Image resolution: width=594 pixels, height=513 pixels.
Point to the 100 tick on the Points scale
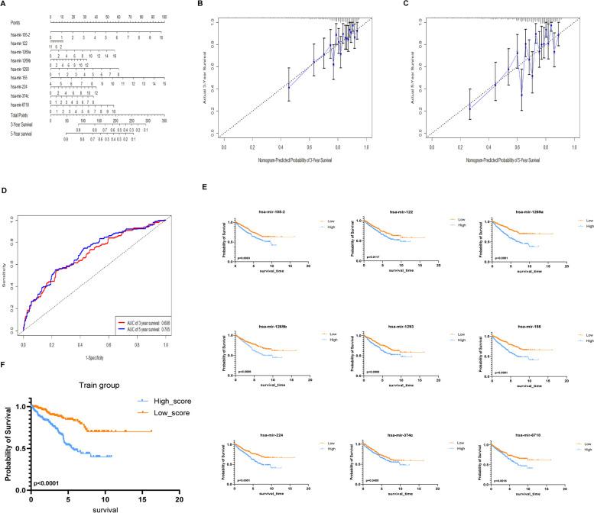(x=164, y=16)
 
